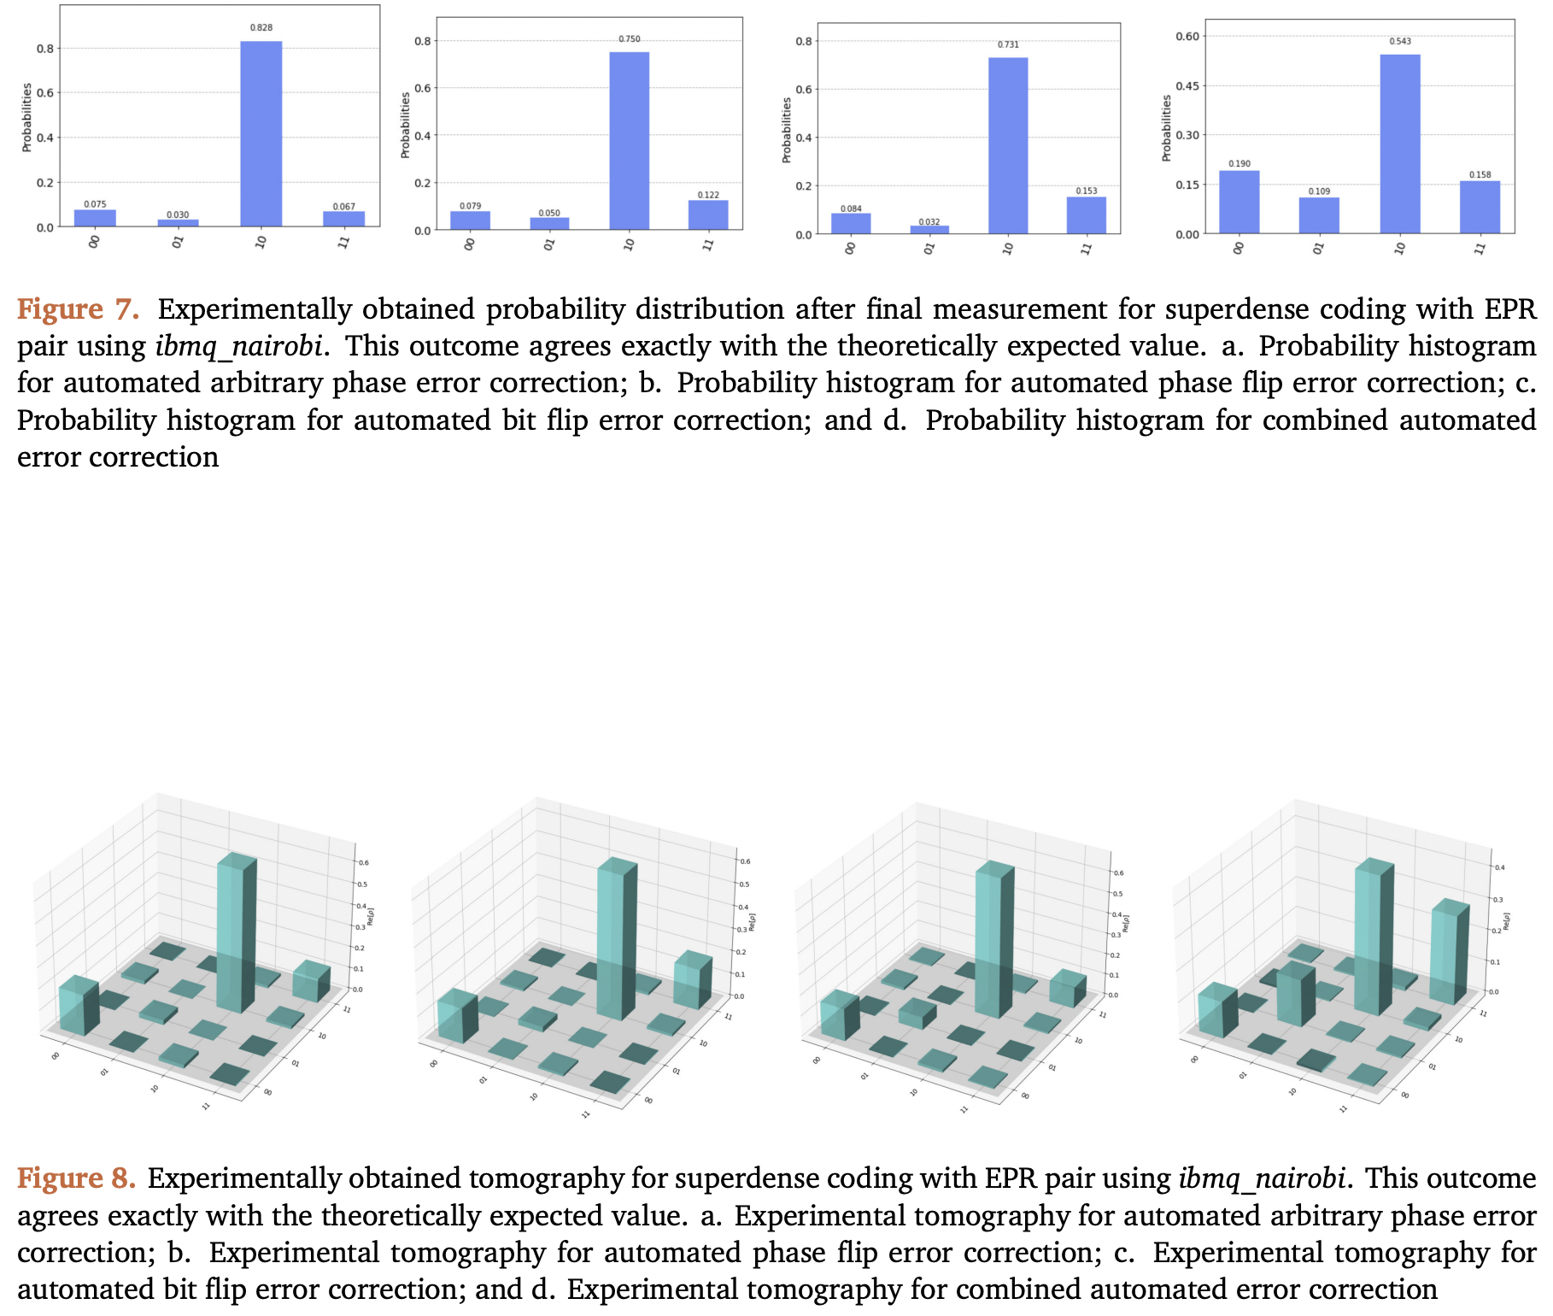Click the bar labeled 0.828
point(261,133)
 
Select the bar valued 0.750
point(629,141)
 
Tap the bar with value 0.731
point(1008,145)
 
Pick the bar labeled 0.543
point(1399,144)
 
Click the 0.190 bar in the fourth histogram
point(1239,203)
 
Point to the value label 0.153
point(1086,191)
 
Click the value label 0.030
point(178,214)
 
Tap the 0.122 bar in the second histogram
point(708,214)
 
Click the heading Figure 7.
point(78,309)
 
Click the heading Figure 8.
point(76,1178)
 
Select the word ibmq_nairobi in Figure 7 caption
point(239,346)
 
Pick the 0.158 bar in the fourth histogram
point(1480,207)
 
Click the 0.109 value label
point(1319,191)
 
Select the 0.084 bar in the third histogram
point(850,223)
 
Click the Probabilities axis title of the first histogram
point(26,117)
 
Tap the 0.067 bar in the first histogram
point(343,219)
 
